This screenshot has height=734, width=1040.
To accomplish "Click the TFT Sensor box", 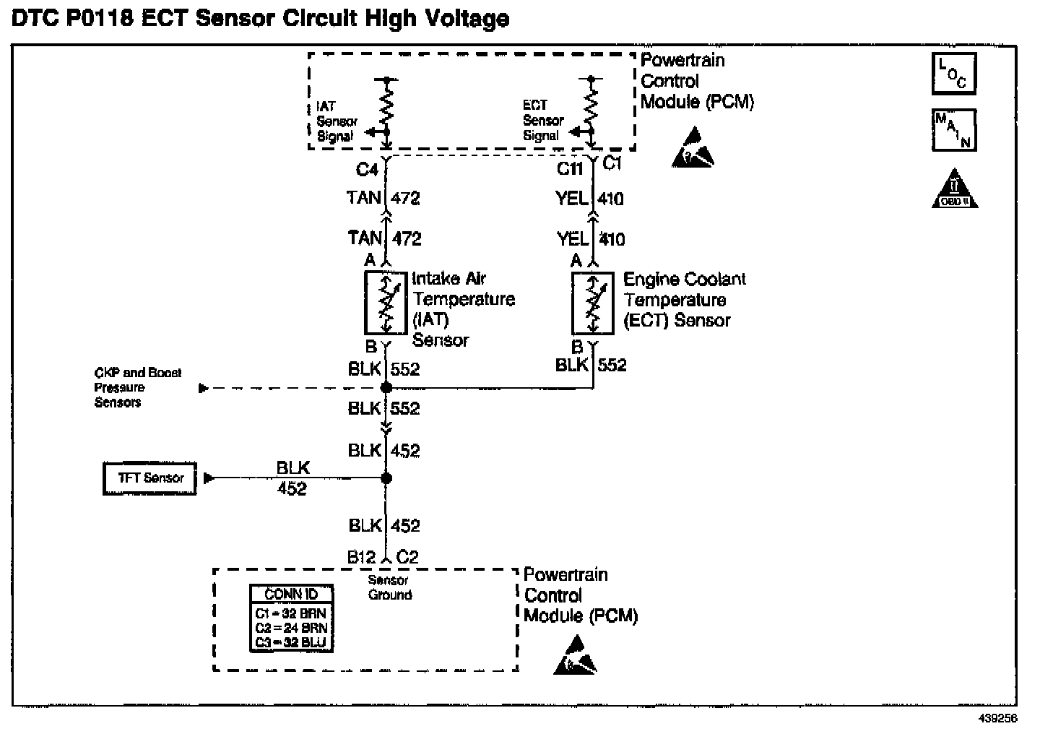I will (149, 478).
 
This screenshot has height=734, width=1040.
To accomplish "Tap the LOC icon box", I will (953, 73).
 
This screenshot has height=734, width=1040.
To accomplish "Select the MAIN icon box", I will (953, 130).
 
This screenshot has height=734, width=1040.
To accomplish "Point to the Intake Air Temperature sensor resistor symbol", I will (386, 303).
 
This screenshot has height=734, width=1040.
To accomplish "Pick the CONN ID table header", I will (291, 595).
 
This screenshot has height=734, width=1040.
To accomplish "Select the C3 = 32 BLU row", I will (291, 642).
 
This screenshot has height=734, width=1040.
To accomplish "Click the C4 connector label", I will (367, 170).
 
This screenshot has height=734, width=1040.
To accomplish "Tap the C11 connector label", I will (570, 169).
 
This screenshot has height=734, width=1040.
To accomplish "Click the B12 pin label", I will (361, 557).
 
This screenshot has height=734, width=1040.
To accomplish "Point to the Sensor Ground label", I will (389, 588).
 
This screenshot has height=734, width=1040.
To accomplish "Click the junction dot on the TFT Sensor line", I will (386, 478).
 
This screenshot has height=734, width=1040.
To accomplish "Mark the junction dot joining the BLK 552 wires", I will (386, 388).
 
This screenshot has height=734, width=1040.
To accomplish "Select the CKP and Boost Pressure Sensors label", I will (137, 387).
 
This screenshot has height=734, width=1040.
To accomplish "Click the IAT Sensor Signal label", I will (336, 121).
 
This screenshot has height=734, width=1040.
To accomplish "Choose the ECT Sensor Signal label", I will (543, 120).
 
